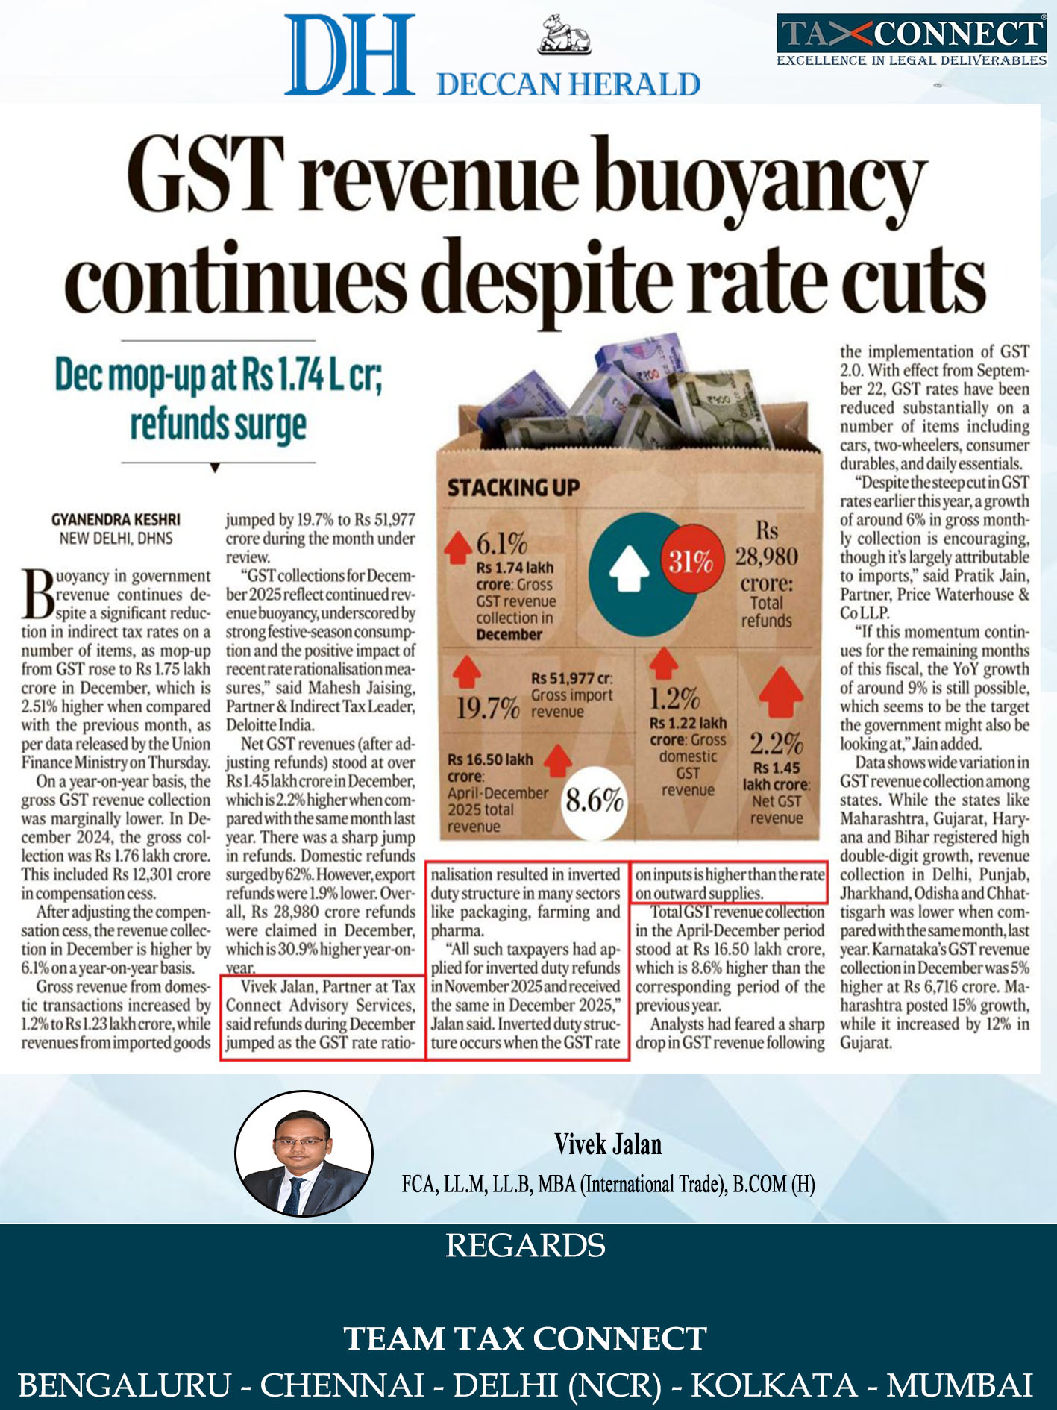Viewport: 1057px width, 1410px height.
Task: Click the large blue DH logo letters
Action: [x=349, y=54]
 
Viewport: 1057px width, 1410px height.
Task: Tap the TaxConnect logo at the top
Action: [x=912, y=40]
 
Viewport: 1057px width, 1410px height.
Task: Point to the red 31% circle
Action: [x=689, y=560]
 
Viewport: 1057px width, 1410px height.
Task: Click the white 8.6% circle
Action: [x=594, y=800]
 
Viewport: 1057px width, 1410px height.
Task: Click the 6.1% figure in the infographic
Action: [x=502, y=544]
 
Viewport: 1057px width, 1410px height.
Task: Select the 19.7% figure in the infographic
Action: [x=487, y=708]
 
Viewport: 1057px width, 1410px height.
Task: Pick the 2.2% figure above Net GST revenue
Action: [x=777, y=743]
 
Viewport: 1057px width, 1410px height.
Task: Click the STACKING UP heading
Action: [x=513, y=488]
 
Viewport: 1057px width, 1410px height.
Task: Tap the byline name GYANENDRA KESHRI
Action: [x=116, y=519]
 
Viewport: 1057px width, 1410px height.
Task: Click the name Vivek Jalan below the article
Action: [x=608, y=1144]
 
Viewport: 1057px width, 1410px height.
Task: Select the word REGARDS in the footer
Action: [x=525, y=1246]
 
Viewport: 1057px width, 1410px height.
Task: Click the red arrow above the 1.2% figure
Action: [x=662, y=664]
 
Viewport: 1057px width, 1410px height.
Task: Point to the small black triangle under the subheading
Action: [x=215, y=469]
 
